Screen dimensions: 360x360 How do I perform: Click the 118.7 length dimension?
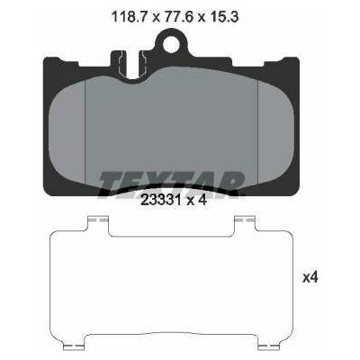point(130,17)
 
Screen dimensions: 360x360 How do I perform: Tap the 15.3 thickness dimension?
point(225,17)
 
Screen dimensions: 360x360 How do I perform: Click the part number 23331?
point(161,200)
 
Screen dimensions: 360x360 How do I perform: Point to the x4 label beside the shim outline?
point(310,278)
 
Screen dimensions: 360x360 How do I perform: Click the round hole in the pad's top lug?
point(171,44)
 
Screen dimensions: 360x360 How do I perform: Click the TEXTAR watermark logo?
point(170,184)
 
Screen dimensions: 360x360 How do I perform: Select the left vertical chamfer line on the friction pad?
point(85,132)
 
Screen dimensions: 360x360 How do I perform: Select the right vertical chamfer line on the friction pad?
point(257,132)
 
